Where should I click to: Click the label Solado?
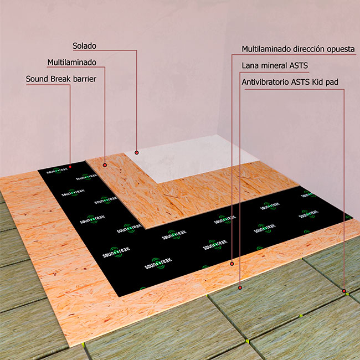85,46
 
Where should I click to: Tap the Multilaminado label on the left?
72,63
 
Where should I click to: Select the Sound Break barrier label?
61,79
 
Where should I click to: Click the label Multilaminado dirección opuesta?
298,49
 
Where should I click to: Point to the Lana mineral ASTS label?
275,66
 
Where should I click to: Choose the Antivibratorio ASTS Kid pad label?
290,82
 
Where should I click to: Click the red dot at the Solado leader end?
137,152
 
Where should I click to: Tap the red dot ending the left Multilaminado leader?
105,165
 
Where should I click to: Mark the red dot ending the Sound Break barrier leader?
70,167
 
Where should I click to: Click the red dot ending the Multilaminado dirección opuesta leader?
232,264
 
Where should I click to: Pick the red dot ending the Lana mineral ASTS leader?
240,287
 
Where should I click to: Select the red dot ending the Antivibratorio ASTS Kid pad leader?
344,291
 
